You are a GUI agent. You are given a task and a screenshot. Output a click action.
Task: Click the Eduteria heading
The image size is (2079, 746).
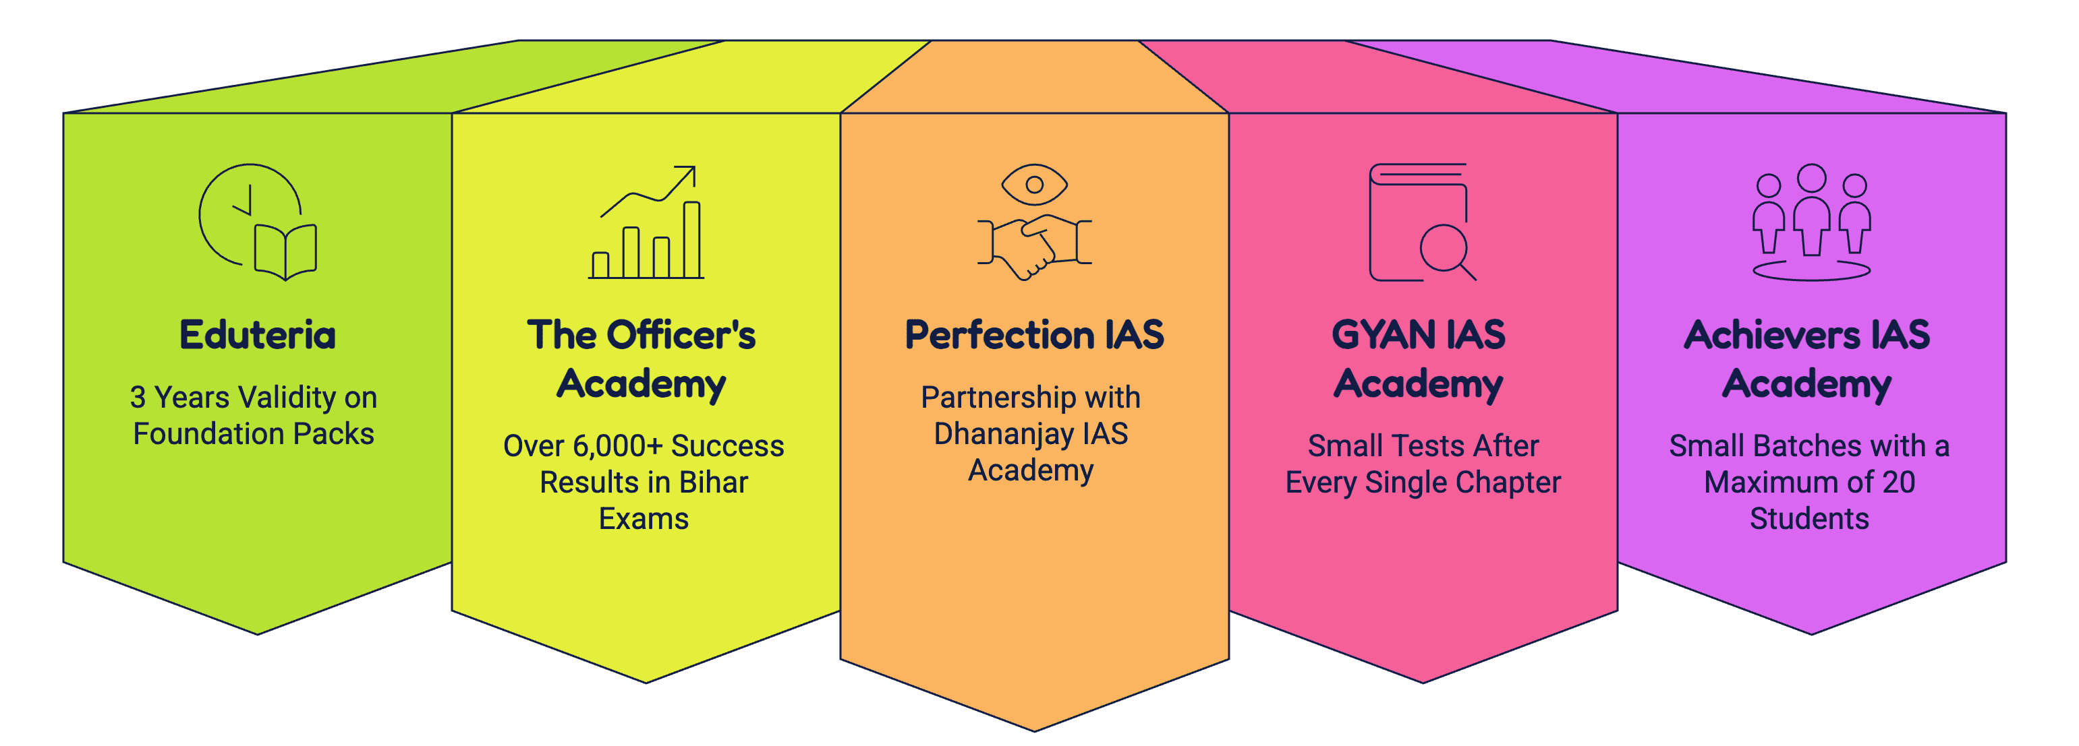coord(258,335)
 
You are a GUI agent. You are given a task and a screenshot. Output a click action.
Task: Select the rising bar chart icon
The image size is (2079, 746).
coord(646,222)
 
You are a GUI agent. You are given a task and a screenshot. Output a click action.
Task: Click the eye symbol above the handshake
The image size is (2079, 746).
coord(1034,185)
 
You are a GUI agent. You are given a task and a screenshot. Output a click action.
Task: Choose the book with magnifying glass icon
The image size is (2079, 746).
coord(1422,222)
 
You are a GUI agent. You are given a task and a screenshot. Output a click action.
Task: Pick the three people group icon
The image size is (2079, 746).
coord(1811,222)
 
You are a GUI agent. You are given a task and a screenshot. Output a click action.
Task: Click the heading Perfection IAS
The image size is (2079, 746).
coord(1034,335)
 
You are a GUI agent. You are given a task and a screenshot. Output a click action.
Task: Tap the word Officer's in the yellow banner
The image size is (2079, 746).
coord(681,335)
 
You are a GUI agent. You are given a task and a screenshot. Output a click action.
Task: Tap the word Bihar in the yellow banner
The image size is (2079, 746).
coord(714,483)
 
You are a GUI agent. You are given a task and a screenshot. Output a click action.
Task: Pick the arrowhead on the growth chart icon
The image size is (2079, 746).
coord(686,174)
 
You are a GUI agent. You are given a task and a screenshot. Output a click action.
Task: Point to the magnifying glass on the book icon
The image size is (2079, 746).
coord(1448,251)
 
